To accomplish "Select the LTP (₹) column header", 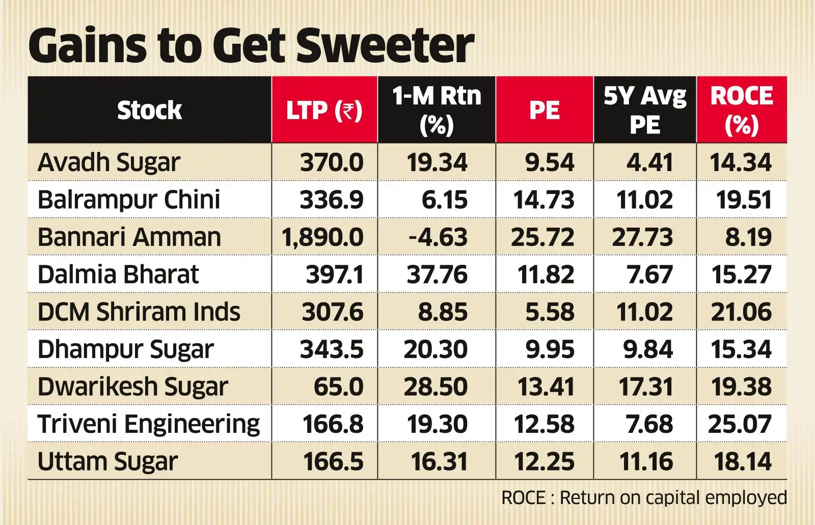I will (324, 110).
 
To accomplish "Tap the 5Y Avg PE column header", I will (645, 110).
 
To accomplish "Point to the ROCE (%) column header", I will (742, 110).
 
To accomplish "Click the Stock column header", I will (149, 110).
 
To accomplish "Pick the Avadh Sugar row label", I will (108, 163).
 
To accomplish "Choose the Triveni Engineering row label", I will (148, 424).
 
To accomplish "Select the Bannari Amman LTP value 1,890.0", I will (322, 237).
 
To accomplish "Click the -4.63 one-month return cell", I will (438, 237).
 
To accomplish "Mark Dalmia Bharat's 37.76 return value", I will (437, 275).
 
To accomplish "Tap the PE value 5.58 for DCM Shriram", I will (550, 312).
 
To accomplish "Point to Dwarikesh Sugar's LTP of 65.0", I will (338, 387).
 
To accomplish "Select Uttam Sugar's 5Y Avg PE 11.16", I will (646, 462).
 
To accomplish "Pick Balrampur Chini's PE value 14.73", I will (544, 200).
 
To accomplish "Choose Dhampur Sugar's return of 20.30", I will (436, 350).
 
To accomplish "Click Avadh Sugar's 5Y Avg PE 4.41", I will (649, 163).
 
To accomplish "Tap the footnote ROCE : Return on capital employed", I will (644, 498).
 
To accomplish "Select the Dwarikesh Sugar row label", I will (132, 387).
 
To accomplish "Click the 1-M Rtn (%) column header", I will (437, 110).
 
